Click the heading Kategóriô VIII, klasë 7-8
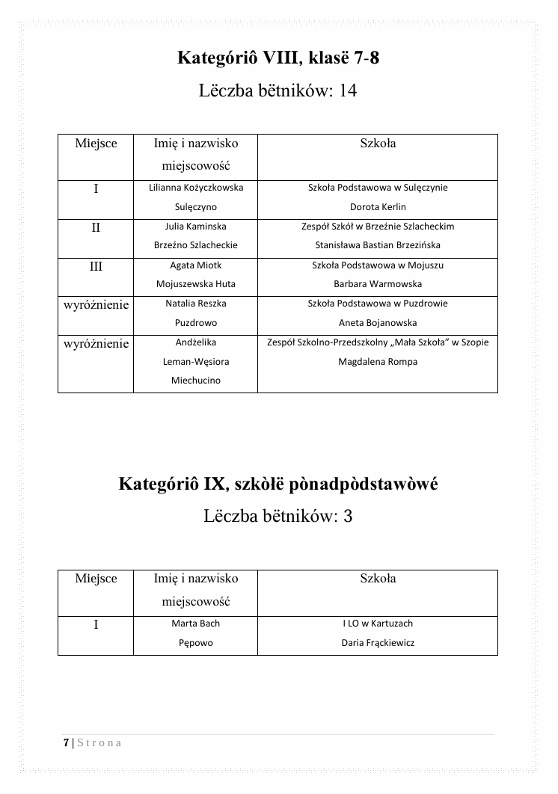(278, 58)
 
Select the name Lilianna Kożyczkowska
(196, 188)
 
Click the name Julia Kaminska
(196, 226)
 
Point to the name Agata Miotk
(196, 265)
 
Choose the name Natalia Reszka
(196, 304)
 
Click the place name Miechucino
(196, 381)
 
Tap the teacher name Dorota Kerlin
(378, 207)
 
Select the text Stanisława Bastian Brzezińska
(378, 245)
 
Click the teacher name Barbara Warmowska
(378, 284)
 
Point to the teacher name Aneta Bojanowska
(378, 323)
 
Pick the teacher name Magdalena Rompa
(378, 362)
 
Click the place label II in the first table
(96, 227)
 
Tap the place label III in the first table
(96, 266)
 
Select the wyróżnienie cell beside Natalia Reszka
(96, 305)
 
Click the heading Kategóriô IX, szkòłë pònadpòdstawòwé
(278, 484)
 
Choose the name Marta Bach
(196, 624)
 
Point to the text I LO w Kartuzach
(378, 624)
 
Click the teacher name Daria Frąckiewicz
(378, 643)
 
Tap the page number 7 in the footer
(66, 742)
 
